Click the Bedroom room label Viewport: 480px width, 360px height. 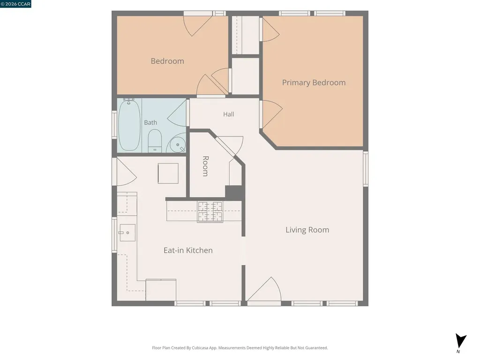167,61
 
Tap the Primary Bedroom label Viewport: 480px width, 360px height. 314,82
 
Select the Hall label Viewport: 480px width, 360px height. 228,114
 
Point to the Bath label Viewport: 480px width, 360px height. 150,122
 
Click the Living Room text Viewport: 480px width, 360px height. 307,230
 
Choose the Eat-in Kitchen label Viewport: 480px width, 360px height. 188,250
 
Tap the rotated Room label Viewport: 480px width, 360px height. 205,166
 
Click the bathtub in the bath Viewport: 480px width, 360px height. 129,126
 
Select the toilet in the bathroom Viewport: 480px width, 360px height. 155,141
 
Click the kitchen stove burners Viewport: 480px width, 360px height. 210,211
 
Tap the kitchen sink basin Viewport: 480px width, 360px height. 127,232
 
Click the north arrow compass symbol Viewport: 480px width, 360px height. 460,342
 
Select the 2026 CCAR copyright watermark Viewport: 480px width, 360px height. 15,4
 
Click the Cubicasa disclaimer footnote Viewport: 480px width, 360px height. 240,348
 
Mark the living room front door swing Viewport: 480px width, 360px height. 264,289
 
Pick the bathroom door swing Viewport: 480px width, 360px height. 177,113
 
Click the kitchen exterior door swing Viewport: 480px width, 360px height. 127,172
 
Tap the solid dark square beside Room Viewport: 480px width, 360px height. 234,193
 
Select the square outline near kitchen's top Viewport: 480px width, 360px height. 168,173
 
